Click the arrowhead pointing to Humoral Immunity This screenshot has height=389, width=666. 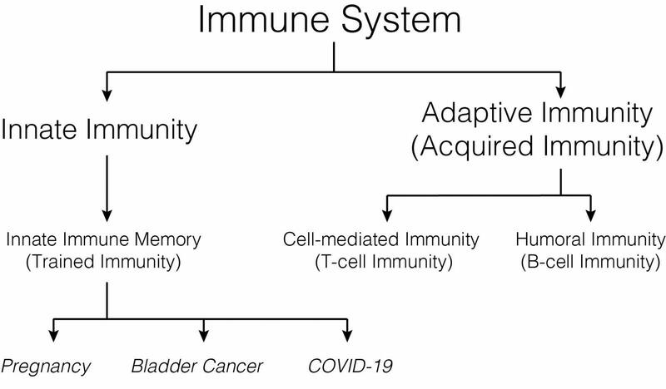pyautogui.click(x=590, y=208)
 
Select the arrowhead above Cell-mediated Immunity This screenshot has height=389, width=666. pyautogui.click(x=386, y=208)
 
